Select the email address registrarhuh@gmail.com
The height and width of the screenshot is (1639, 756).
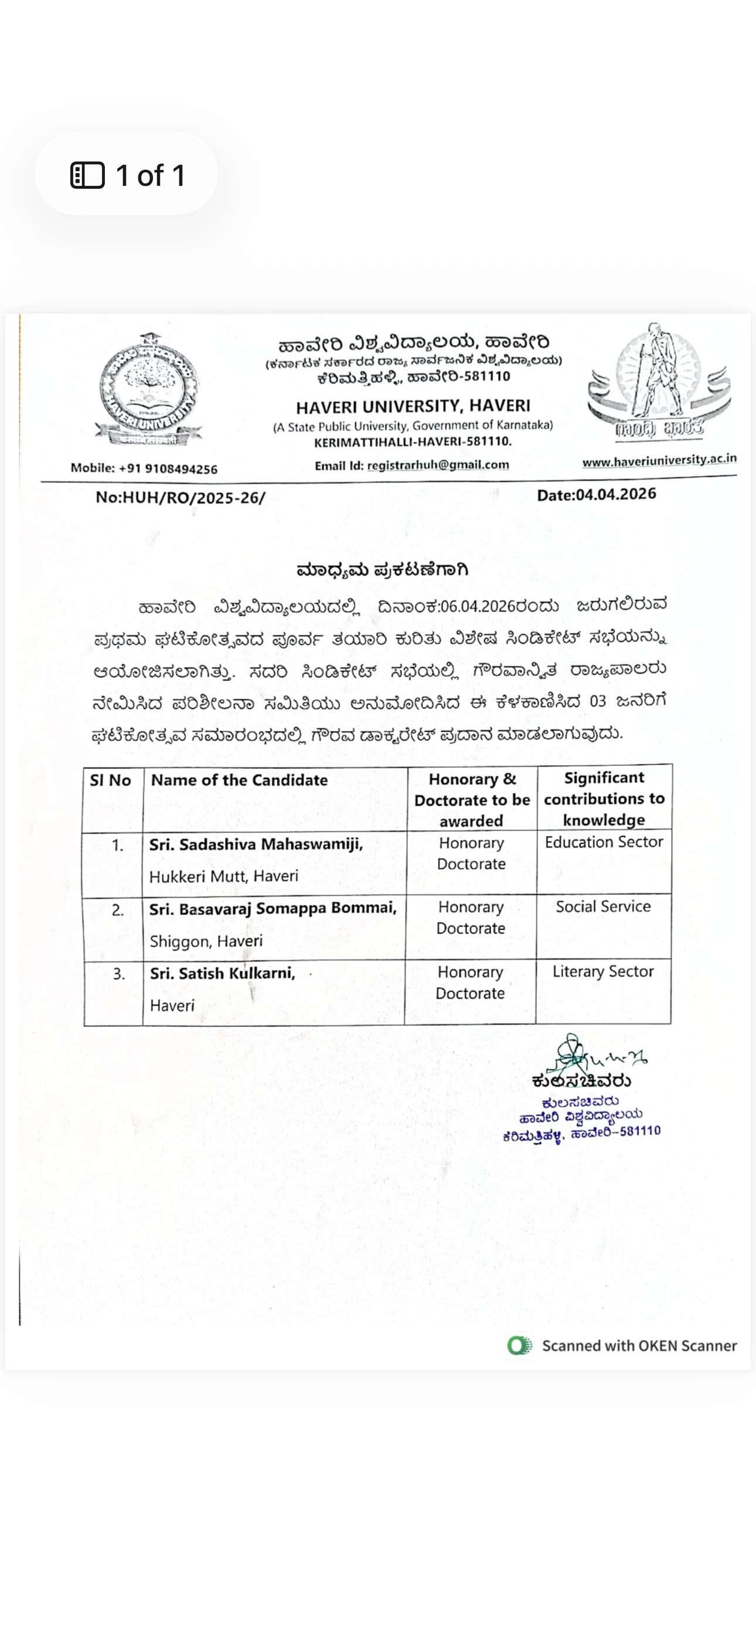click(438, 465)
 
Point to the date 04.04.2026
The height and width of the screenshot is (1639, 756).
click(615, 494)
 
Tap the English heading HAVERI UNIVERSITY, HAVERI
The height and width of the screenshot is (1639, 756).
click(413, 406)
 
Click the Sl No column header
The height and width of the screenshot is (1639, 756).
click(110, 780)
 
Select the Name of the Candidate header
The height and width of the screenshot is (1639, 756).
click(239, 780)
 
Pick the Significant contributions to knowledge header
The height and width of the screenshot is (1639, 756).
click(604, 798)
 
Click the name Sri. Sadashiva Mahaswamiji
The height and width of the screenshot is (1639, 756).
click(256, 844)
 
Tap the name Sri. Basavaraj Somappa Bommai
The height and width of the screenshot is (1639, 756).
click(273, 909)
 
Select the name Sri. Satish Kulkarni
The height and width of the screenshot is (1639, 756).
click(222, 974)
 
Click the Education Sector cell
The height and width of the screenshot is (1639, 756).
click(604, 842)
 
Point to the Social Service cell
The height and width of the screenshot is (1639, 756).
click(603, 906)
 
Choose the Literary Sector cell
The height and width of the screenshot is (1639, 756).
click(603, 971)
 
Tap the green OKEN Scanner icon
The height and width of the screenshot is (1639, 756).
click(519, 1346)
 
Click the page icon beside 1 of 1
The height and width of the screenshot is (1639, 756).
click(87, 176)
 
